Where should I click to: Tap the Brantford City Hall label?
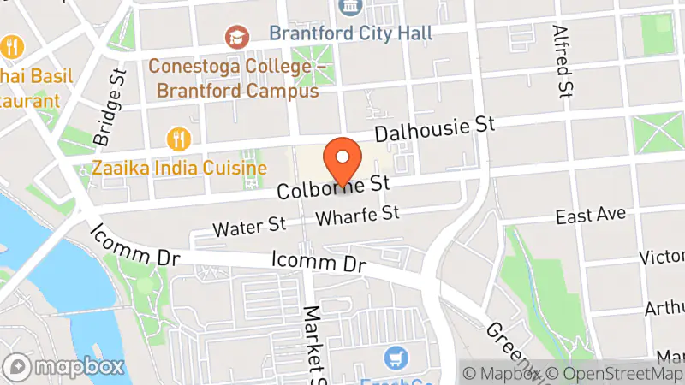tap(350, 33)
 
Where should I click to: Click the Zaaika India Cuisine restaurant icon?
tap(178, 138)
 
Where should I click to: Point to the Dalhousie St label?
tap(436, 129)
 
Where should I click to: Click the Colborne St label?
tap(333, 187)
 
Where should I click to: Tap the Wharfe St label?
tap(358, 216)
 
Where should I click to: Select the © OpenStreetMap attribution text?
tap(614, 373)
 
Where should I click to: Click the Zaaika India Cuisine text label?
tap(180, 168)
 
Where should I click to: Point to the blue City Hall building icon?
tap(349, 7)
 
